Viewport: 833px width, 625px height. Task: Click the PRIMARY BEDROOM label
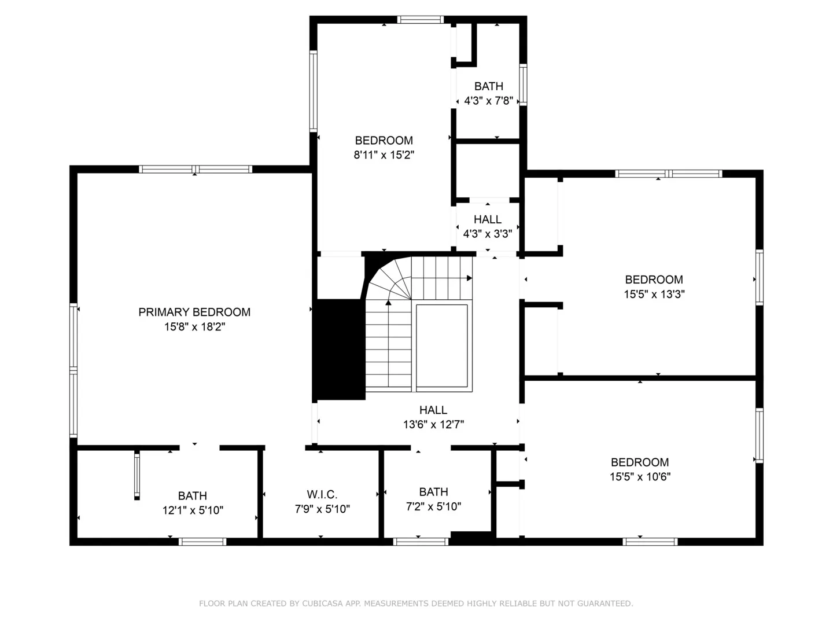pyautogui.click(x=194, y=312)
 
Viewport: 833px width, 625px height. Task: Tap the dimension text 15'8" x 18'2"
pyautogui.click(x=194, y=327)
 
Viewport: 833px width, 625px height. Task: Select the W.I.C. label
pyautogui.click(x=322, y=494)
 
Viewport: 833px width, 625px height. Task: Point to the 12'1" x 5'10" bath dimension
pyautogui.click(x=193, y=510)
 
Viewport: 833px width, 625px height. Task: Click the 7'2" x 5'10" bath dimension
pyautogui.click(x=433, y=506)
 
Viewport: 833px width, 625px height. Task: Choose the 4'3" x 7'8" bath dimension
pyautogui.click(x=488, y=101)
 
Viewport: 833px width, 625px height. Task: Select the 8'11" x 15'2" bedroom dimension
pyautogui.click(x=384, y=155)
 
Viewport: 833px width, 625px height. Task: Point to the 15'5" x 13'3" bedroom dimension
pyautogui.click(x=654, y=294)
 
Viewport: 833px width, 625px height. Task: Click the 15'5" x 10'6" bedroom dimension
pyautogui.click(x=640, y=477)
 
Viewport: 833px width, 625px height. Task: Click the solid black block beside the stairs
pyautogui.click(x=339, y=349)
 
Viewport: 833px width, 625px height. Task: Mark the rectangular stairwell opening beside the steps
pyautogui.click(x=442, y=345)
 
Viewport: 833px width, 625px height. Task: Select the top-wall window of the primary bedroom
pyautogui.click(x=195, y=169)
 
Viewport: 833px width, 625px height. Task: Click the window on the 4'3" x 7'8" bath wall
pyautogui.click(x=523, y=84)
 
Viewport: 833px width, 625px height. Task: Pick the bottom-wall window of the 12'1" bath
pyautogui.click(x=202, y=542)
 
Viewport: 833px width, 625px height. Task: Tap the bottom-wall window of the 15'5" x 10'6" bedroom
pyautogui.click(x=650, y=542)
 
